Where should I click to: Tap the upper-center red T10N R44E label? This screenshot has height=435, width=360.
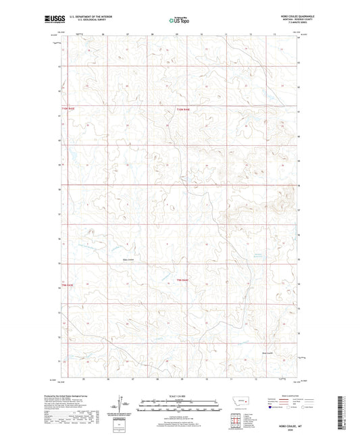coord(184,109)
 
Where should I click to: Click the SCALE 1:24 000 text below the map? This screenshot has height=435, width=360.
coord(179,395)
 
